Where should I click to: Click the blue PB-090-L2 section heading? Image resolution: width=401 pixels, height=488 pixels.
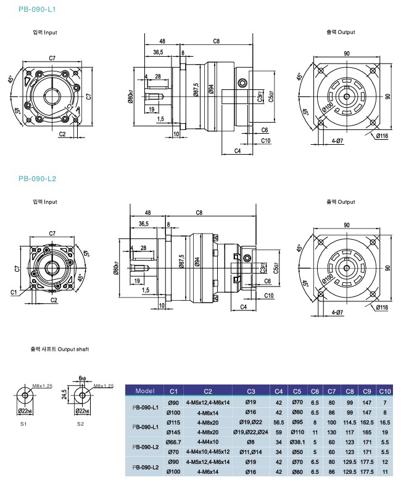click(38, 179)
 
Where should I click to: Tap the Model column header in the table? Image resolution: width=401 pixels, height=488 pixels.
click(144, 391)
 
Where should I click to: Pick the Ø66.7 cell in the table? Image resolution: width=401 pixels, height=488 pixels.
click(173, 442)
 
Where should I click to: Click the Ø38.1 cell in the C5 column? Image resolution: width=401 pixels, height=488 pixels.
click(297, 442)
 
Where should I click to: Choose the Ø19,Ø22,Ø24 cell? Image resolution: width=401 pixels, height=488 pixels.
click(251, 433)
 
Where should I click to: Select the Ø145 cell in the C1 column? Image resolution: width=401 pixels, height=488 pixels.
click(173, 433)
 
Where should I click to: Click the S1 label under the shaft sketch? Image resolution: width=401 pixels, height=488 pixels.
click(23, 424)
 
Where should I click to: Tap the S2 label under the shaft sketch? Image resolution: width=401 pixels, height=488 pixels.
click(80, 424)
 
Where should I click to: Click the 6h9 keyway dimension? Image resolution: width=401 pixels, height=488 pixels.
click(83, 378)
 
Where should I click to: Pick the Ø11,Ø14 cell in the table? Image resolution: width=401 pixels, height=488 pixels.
click(251, 450)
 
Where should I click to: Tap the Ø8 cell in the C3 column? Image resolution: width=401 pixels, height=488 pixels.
click(251, 442)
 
